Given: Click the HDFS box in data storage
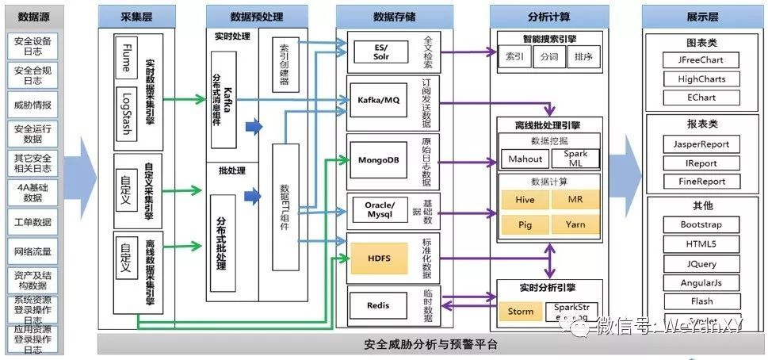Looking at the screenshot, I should pyautogui.click(x=380, y=258).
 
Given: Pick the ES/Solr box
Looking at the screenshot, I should pyautogui.click(x=380, y=52).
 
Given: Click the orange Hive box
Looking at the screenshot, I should pyautogui.click(x=525, y=200).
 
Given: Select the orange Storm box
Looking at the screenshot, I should pyautogui.click(x=520, y=312).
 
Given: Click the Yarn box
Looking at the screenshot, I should pyautogui.click(x=575, y=224).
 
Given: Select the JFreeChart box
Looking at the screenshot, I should pyautogui.click(x=701, y=59).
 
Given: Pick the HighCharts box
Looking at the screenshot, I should pyautogui.click(x=701, y=79).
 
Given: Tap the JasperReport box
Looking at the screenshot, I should pyautogui.click(x=701, y=144).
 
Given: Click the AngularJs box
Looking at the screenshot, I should pyautogui.click(x=701, y=283).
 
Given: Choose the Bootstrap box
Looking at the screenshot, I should pyautogui.click(x=701, y=224).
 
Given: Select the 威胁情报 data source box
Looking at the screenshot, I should pyautogui.click(x=32, y=104).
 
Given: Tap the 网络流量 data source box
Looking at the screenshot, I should pyautogui.click(x=32, y=251).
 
